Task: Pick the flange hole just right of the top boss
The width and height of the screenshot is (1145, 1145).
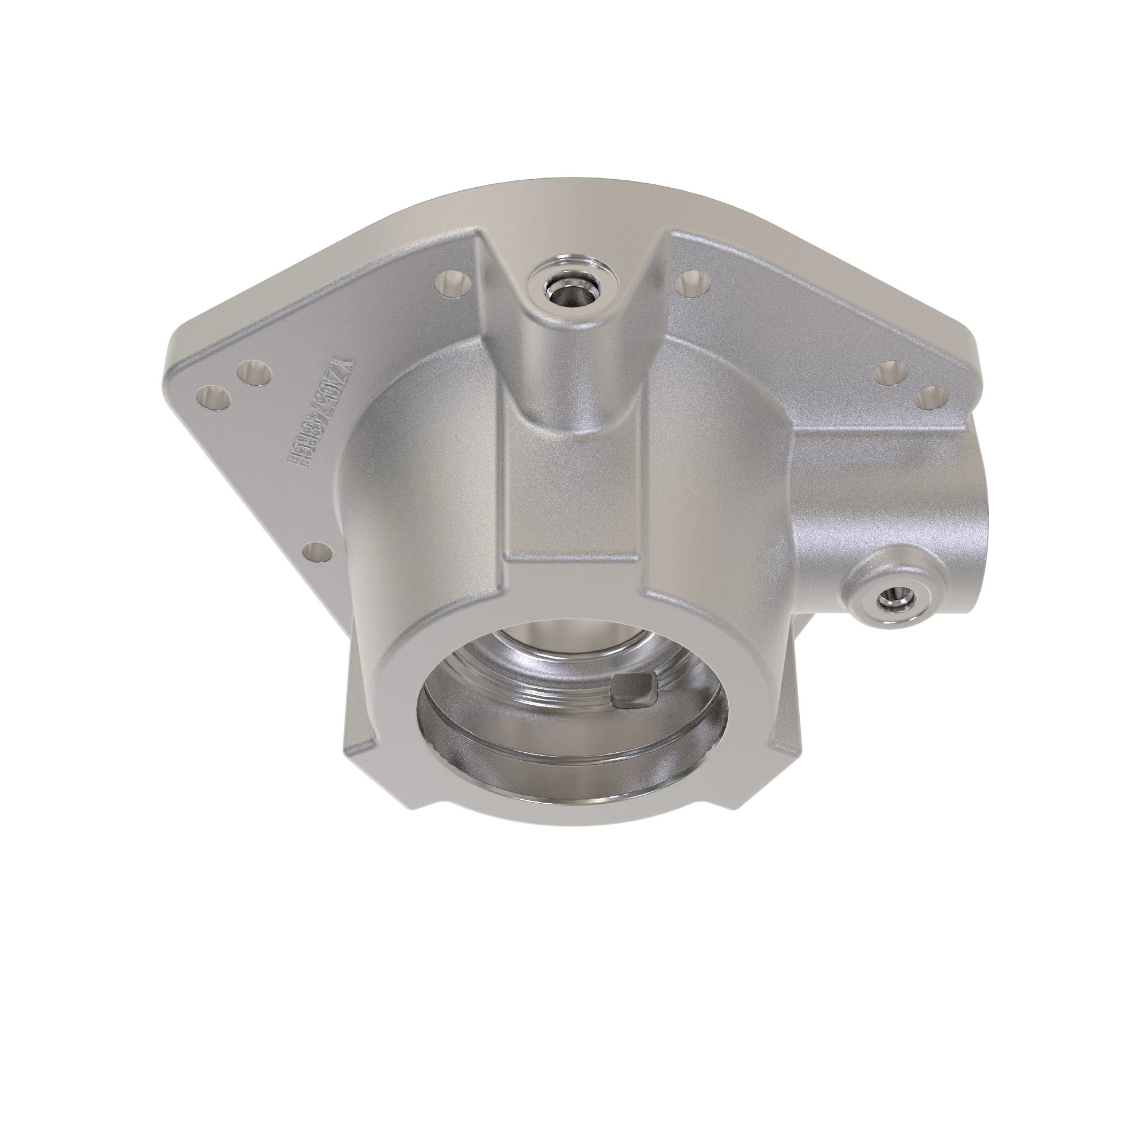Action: (691, 283)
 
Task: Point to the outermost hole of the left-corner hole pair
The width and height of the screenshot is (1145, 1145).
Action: (214, 397)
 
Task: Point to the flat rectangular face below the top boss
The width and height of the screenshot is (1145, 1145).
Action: (572, 492)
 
